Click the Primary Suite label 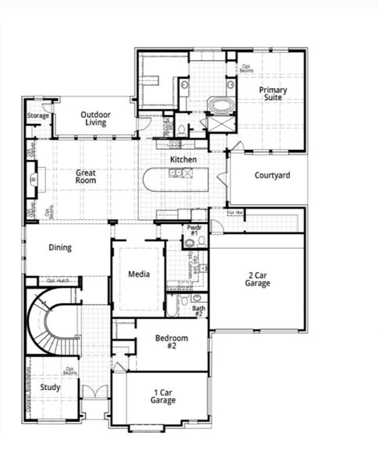click(x=273, y=95)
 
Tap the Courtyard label click(x=272, y=175)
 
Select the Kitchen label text click(x=184, y=160)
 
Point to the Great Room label click(x=85, y=175)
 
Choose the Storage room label click(x=38, y=116)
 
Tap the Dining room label click(x=60, y=248)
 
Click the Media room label click(x=139, y=275)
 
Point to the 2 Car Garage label click(x=258, y=279)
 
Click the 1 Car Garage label click(x=163, y=395)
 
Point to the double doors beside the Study click(x=94, y=392)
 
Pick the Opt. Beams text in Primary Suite click(x=247, y=69)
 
